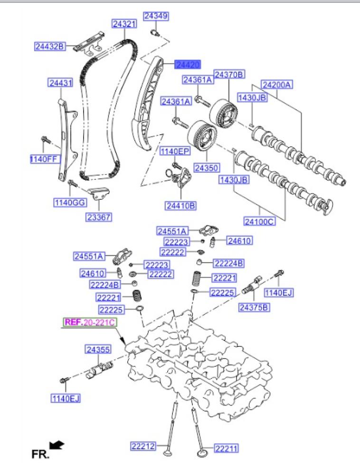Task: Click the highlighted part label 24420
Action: click(187, 64)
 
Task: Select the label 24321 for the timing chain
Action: click(124, 23)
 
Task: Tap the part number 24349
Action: click(156, 17)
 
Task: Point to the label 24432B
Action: click(49, 46)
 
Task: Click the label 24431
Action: click(60, 84)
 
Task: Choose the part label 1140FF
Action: click(43, 159)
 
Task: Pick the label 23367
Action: click(98, 217)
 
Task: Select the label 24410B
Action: click(181, 205)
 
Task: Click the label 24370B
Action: click(229, 74)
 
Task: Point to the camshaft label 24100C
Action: click(259, 221)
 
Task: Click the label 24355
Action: click(98, 350)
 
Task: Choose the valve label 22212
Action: click(143, 446)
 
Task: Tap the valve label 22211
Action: click(226, 447)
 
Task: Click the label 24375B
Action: click(254, 307)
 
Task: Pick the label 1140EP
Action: click(174, 151)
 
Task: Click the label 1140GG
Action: click(69, 202)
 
